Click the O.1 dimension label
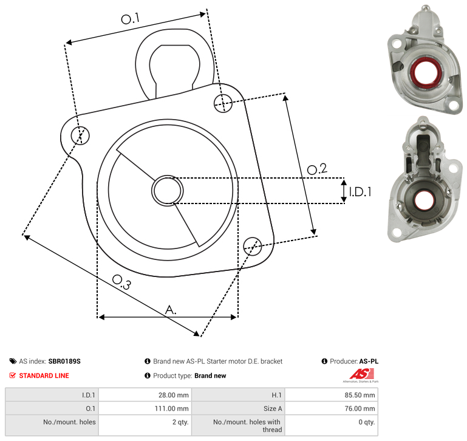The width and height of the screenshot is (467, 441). pyautogui.click(x=130, y=19)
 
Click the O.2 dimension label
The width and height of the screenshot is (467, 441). pyautogui.click(x=317, y=169)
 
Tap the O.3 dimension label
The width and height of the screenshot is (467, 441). pyautogui.click(x=121, y=282)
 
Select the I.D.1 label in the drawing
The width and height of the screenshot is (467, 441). pyautogui.click(x=360, y=191)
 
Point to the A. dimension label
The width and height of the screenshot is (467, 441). pyautogui.click(x=171, y=310)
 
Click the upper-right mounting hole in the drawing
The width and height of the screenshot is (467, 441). pyautogui.click(x=223, y=103)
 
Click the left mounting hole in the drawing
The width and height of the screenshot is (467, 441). pyautogui.click(x=80, y=135)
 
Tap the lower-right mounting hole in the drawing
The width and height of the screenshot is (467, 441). pyautogui.click(x=253, y=246)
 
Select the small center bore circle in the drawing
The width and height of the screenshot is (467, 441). pyautogui.click(x=168, y=190)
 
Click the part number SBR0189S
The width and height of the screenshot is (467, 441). pyautogui.click(x=64, y=361)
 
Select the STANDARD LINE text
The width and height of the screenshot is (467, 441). pyautogui.click(x=44, y=375)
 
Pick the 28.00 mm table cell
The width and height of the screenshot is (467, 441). pyautogui.click(x=145, y=395)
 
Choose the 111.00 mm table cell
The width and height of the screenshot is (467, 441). pyautogui.click(x=145, y=408)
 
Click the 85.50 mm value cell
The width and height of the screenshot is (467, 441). pyautogui.click(x=331, y=395)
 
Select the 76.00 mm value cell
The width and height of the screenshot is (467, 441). pyautogui.click(x=331, y=408)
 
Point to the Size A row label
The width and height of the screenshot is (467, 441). pyautogui.click(x=273, y=409)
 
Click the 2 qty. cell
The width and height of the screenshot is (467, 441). pyautogui.click(x=145, y=425)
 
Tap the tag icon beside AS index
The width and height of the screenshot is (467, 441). pyautogui.click(x=13, y=361)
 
